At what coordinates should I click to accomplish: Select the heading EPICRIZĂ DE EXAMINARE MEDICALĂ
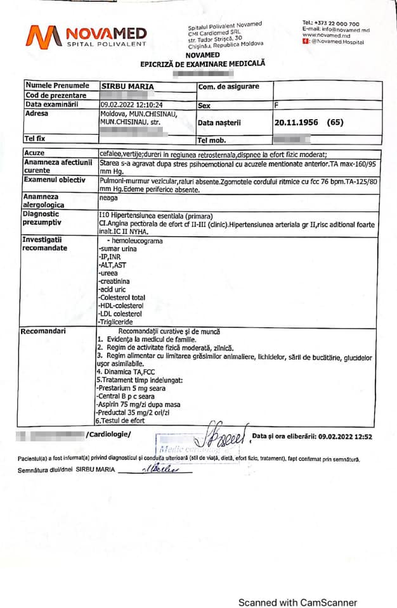tap(202, 64)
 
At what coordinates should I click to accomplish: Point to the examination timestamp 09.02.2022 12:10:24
tap(131, 104)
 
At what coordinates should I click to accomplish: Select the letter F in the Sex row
tap(277, 105)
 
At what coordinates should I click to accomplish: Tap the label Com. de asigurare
tap(228, 86)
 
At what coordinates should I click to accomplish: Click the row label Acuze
tap(35, 153)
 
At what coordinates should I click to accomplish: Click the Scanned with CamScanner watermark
tap(297, 602)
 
